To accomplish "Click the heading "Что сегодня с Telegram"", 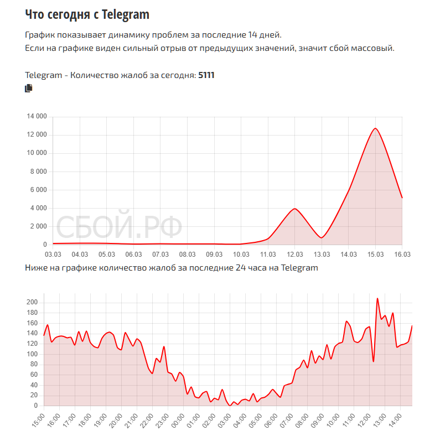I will (x=87, y=14).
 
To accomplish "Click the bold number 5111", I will (x=206, y=75).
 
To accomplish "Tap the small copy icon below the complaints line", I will (x=29, y=88).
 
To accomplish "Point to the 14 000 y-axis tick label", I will (x=37, y=117).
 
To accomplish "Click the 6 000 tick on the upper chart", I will (x=38, y=190).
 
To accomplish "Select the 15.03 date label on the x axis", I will (x=375, y=255).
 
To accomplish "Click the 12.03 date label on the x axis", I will (x=294, y=255).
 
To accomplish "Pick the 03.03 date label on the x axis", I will (x=53, y=255).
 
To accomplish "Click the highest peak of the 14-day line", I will (x=375, y=128).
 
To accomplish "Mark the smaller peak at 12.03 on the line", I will (x=295, y=209).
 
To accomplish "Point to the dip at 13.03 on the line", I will (x=322, y=238).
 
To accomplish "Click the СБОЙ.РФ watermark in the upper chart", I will (x=119, y=227).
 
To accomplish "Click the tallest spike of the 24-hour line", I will (x=377, y=298).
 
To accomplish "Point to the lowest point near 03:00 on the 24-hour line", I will (x=230, y=406).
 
